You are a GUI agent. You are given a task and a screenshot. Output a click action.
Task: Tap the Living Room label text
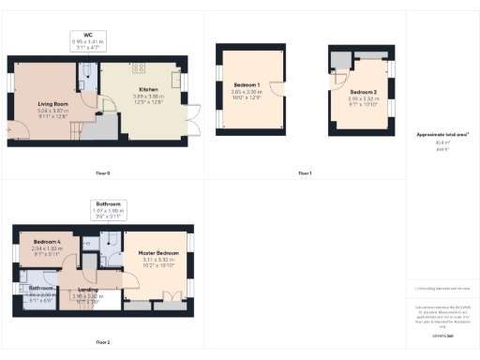(x=54, y=103)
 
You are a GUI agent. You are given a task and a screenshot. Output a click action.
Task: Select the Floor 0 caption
(x=103, y=173)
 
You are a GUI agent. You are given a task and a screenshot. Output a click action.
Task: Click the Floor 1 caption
(x=305, y=173)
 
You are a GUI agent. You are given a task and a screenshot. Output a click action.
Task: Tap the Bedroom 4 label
(x=47, y=242)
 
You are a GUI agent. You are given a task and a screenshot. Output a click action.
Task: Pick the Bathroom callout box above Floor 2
(x=107, y=210)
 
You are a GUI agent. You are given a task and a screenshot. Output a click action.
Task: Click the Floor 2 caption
(x=103, y=343)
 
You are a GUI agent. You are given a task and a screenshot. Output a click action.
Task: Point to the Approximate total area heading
(x=436, y=135)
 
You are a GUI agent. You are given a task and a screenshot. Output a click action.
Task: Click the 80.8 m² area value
(x=436, y=142)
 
